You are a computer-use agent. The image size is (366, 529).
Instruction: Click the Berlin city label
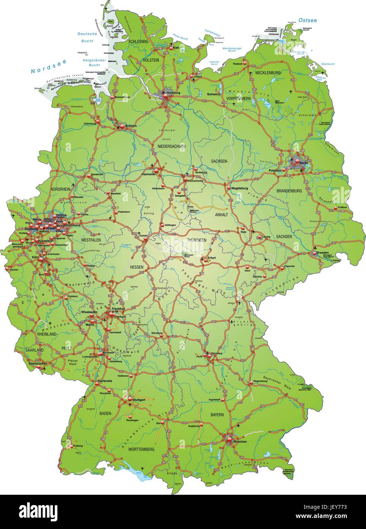click(x=304, y=163)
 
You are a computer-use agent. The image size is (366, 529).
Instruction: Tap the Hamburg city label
click(x=173, y=93)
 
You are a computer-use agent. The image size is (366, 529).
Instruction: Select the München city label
click(x=240, y=441)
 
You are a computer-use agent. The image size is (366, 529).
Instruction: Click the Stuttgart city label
click(x=139, y=400)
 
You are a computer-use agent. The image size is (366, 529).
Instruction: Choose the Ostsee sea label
click(x=307, y=20)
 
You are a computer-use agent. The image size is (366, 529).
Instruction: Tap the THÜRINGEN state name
click(x=196, y=240)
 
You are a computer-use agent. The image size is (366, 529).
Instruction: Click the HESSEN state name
click(x=137, y=267)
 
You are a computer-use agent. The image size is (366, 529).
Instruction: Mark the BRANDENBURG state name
click(x=289, y=191)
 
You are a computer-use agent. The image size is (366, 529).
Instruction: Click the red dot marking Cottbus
click(x=335, y=208)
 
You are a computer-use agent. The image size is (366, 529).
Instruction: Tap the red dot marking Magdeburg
click(x=228, y=188)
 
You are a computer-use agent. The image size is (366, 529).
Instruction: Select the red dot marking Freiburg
click(x=70, y=446)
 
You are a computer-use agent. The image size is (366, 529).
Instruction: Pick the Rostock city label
click(x=238, y=64)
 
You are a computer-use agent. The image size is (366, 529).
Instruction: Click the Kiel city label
click(x=176, y=48)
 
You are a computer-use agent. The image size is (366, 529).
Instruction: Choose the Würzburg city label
click(x=157, y=333)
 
